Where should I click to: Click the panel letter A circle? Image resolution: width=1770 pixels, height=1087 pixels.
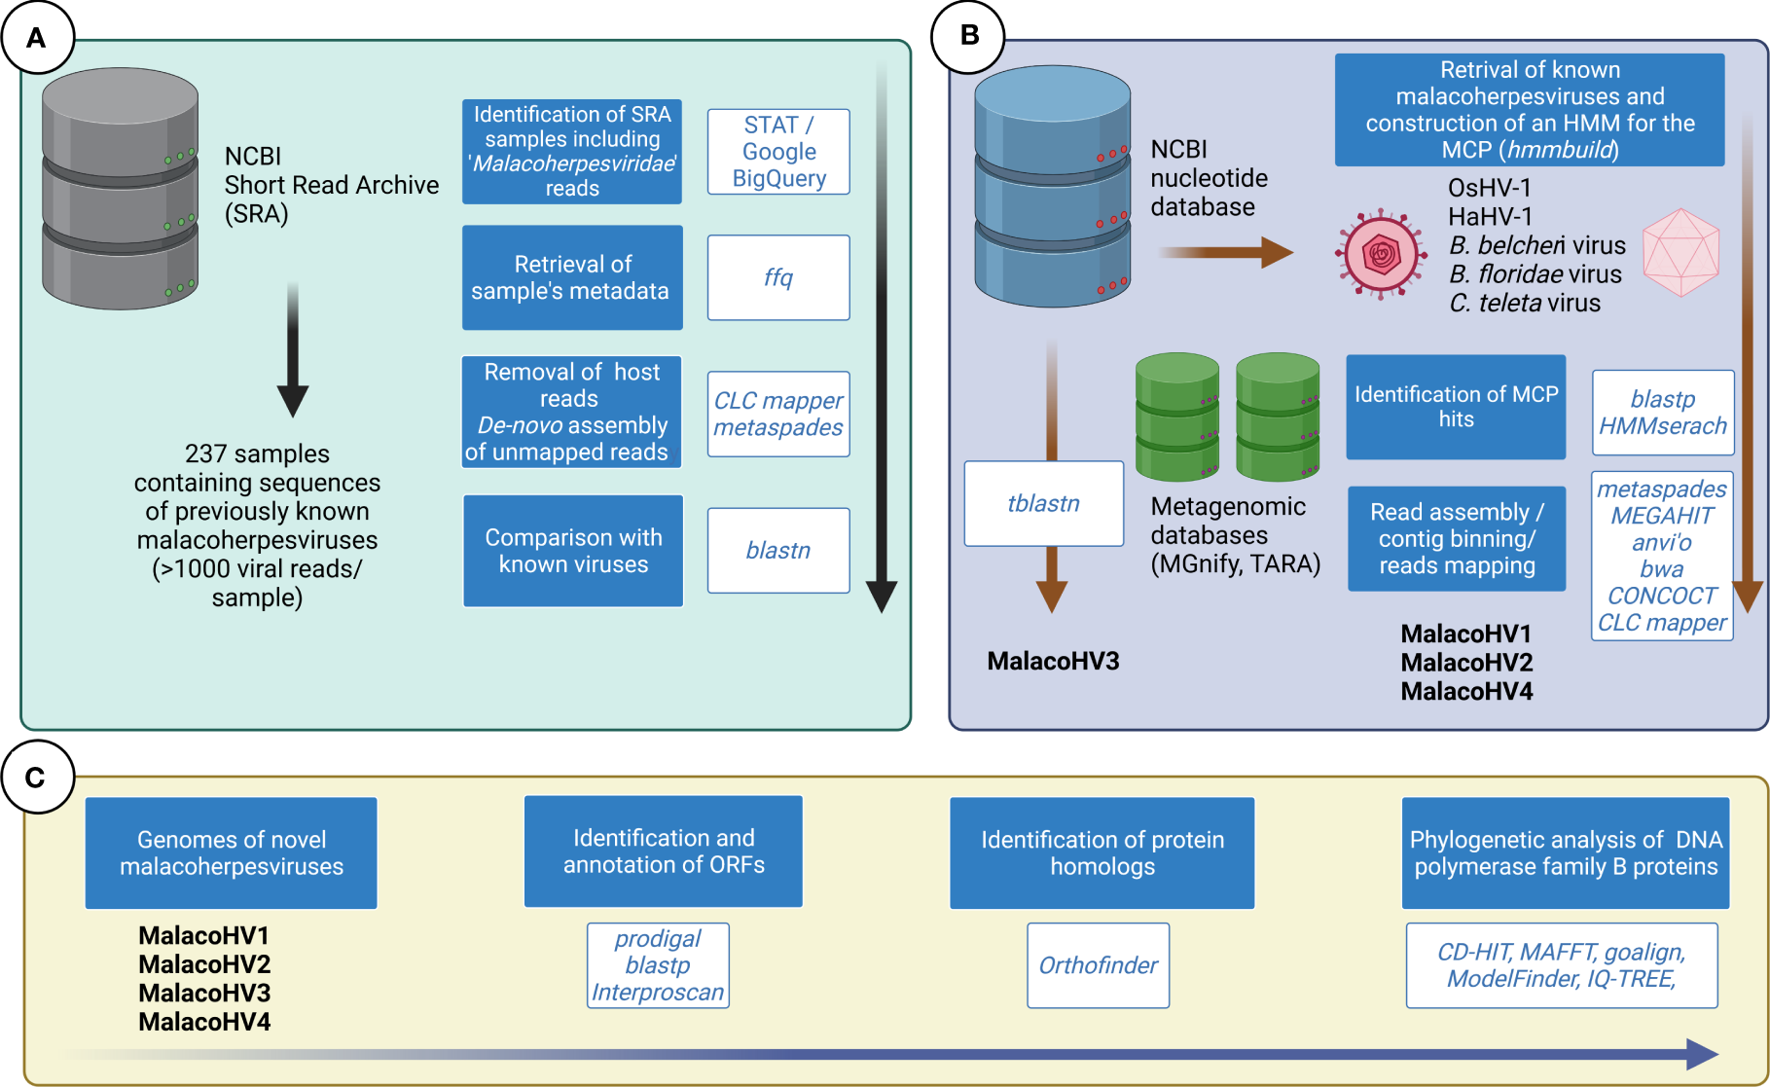coord(37,38)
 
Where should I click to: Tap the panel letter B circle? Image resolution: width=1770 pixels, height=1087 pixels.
coord(968,36)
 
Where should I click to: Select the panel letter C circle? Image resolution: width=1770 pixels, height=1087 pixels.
coord(37,778)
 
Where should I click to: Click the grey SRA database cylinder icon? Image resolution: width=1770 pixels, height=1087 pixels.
coord(120,189)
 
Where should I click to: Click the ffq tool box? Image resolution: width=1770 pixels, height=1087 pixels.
coord(778,277)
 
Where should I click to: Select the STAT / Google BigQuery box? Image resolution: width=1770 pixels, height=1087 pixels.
coord(778,152)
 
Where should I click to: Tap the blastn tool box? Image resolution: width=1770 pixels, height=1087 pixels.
coord(778,551)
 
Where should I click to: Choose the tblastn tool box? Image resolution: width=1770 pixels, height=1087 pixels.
coord(1043,503)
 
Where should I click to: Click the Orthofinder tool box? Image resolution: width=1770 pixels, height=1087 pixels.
coord(1098,965)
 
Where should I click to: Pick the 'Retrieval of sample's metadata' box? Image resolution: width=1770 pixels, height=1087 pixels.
coord(571,277)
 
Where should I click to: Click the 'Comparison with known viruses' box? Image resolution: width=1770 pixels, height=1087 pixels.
coord(573,551)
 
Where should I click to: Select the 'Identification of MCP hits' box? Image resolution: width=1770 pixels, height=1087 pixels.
coord(1456,407)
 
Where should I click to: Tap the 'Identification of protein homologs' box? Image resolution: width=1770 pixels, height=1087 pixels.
coord(1102,852)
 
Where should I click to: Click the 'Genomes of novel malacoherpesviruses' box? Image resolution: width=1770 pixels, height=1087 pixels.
coord(232,852)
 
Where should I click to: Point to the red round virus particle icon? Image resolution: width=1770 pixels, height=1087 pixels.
coord(1381,255)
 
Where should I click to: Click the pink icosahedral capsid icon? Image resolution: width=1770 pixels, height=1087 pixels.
coord(1680,252)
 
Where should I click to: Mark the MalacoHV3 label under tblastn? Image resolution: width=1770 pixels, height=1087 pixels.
coord(1053,662)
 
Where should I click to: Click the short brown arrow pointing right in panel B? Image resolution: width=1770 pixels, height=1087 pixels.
coord(1226,253)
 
